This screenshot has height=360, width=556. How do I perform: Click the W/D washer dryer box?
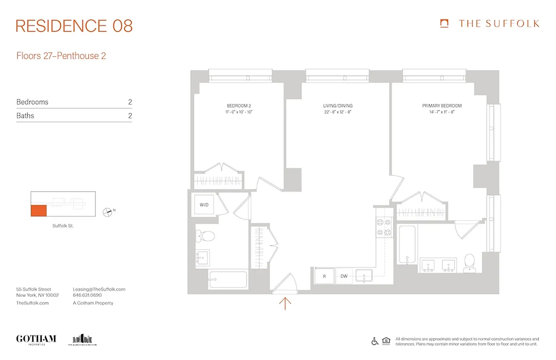204,205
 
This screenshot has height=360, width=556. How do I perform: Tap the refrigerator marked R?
324,276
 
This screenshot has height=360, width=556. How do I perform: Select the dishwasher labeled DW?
344,276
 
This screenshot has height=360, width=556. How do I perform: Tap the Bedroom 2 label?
239,106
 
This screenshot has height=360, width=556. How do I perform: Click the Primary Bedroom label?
442,106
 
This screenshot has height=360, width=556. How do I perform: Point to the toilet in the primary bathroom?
469,263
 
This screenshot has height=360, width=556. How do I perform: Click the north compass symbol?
108,211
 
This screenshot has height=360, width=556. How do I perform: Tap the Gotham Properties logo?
36,339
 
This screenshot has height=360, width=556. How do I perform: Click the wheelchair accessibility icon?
375,341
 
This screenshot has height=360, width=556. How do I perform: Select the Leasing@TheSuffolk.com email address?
99,289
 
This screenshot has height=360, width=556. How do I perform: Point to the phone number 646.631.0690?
87,296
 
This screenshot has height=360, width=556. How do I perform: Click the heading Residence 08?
74,26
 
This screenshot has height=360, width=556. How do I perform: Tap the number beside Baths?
130,116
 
